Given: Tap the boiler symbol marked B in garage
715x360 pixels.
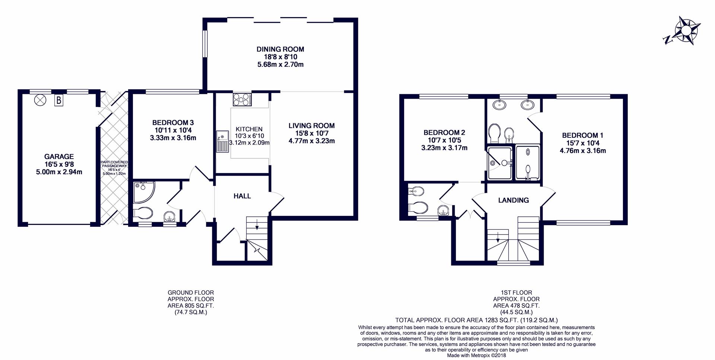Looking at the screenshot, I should point(58,100).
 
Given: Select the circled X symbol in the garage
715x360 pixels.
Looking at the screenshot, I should point(39,100).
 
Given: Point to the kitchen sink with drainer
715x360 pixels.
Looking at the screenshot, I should point(222,141).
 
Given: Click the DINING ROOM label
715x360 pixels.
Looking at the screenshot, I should point(280,49).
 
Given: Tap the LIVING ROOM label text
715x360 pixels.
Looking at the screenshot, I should point(311,126).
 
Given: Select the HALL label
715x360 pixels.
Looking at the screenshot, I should point(242,196).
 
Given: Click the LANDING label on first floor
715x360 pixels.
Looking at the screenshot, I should point(513,200).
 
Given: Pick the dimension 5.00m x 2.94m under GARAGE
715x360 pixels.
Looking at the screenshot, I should point(59,172).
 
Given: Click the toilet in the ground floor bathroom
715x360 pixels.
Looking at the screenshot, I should point(143,213).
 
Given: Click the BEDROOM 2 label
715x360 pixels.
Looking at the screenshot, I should point(444,133).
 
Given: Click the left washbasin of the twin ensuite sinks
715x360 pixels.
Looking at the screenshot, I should point(499,105).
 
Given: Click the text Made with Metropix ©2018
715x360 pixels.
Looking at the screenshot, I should point(476,355).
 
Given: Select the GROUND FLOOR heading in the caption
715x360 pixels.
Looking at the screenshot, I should point(191,293).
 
